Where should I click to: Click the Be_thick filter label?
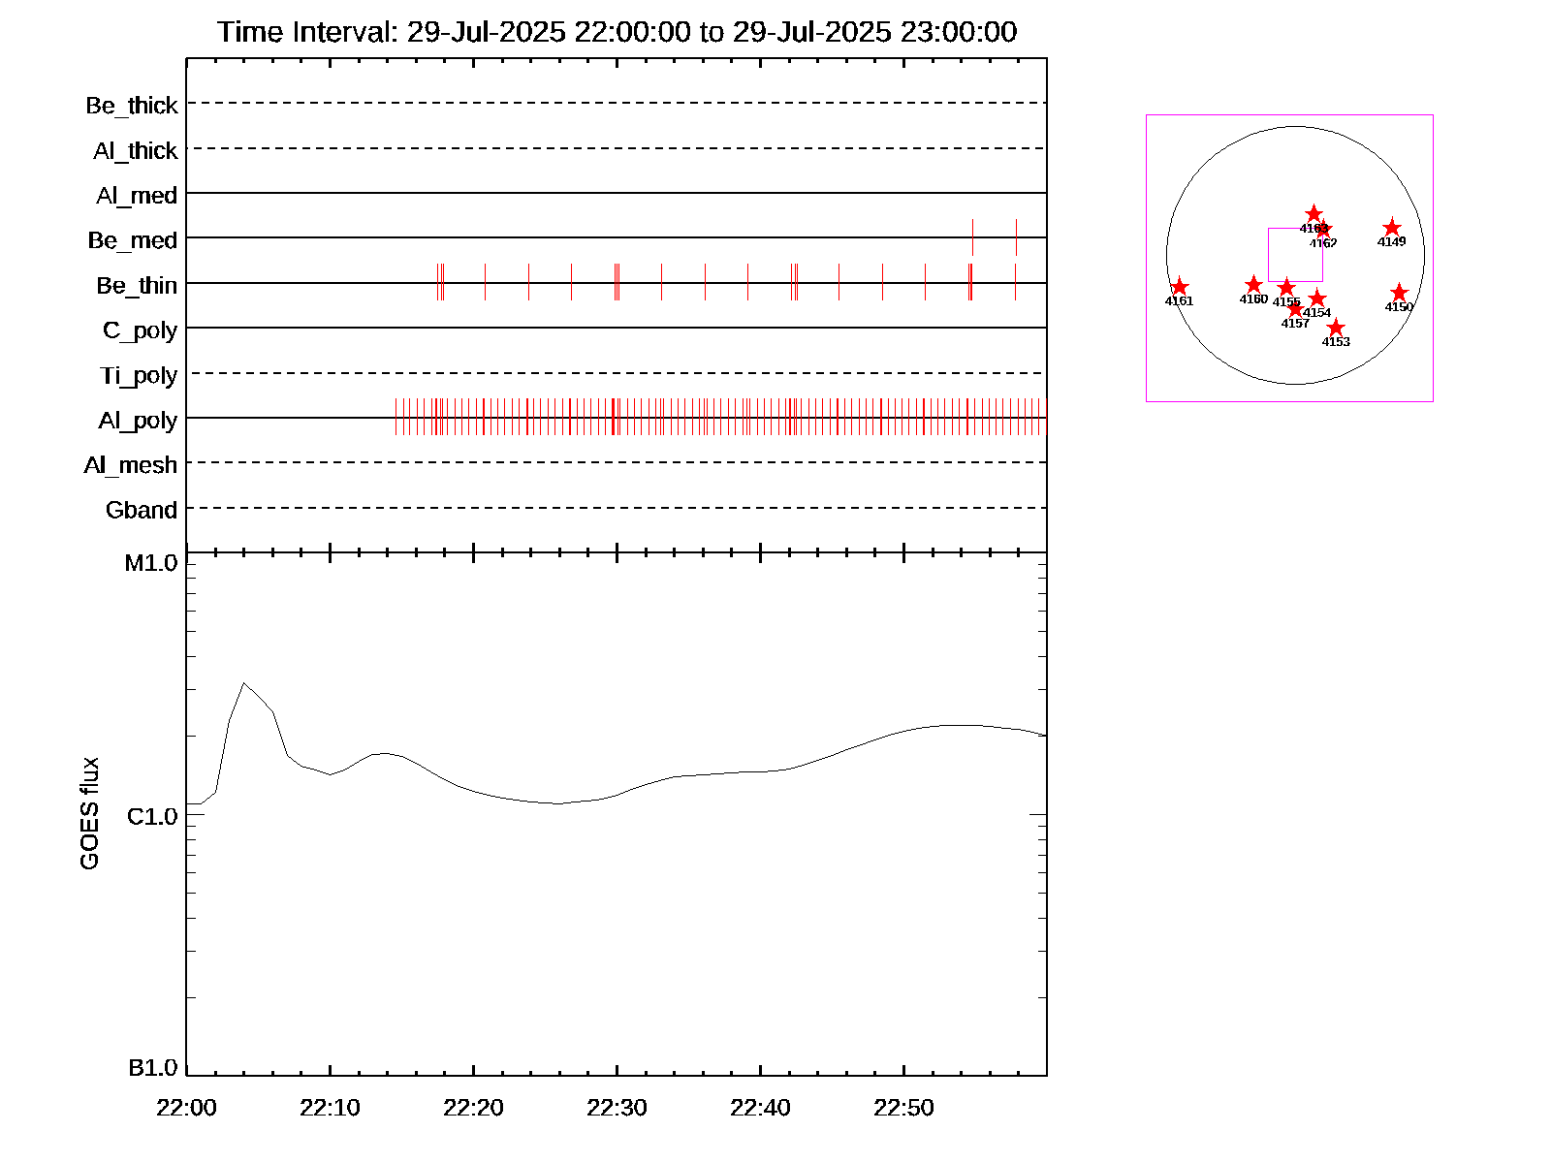point(132,106)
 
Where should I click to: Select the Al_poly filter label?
point(138,421)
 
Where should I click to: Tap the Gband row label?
point(142,511)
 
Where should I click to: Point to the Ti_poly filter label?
point(139,376)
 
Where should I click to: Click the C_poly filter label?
point(140,330)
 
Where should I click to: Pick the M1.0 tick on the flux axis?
point(151,563)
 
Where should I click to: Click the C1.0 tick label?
point(152,817)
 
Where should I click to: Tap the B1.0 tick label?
point(152,1068)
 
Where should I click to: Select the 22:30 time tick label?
point(617,1108)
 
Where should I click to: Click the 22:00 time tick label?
point(186,1108)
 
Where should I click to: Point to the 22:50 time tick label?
point(903,1108)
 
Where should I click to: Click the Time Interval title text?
point(617,32)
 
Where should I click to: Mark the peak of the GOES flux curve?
point(243,683)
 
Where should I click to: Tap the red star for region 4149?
point(1392,229)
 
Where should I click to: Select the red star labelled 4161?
point(1179,287)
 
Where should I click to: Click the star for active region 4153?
point(1336,328)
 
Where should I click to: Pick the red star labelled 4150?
point(1399,293)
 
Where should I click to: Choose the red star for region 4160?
point(1253,285)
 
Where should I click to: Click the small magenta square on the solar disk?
point(1295,255)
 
